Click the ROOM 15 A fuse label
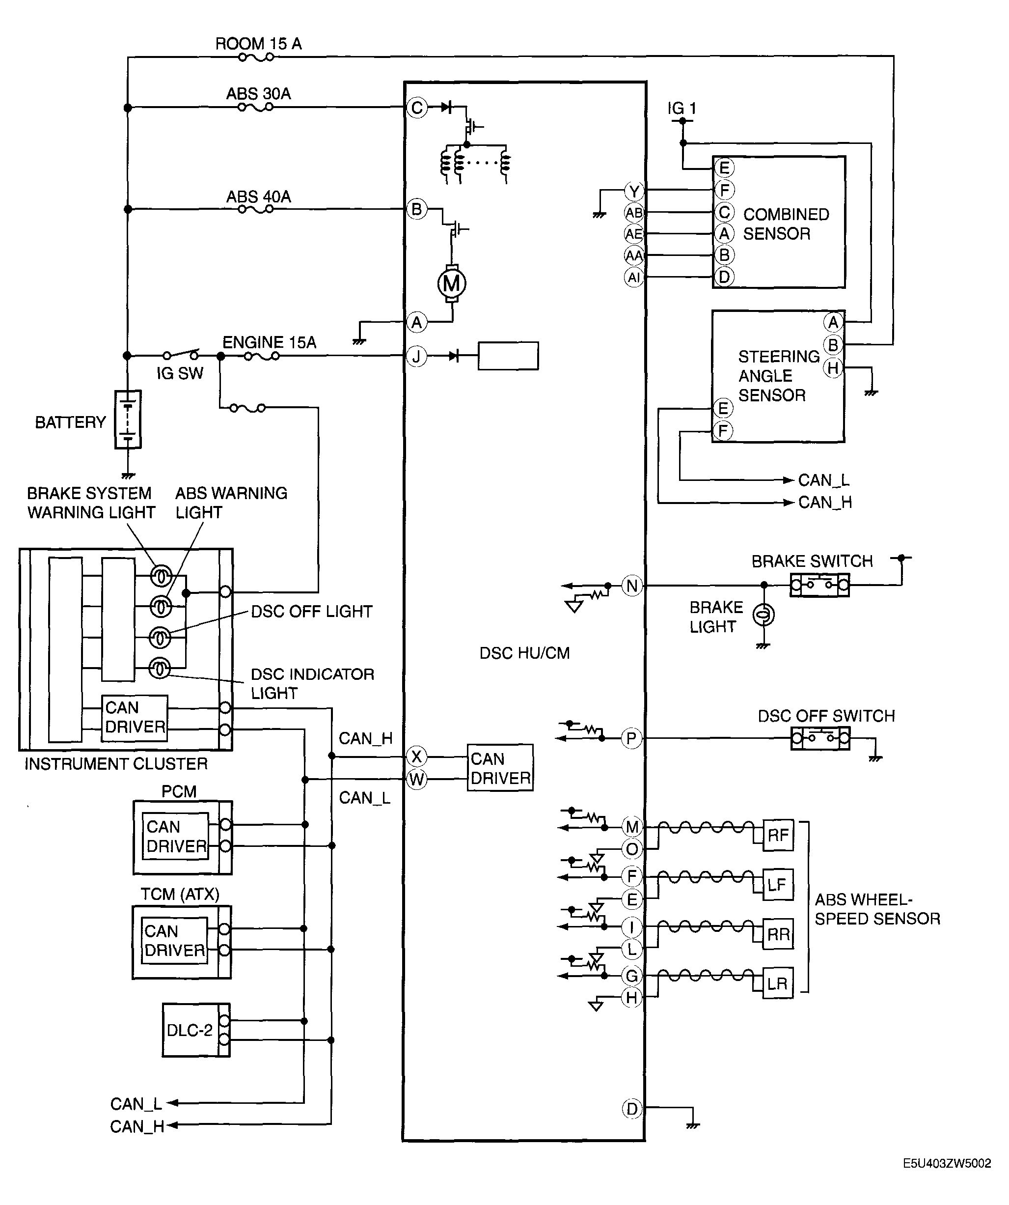pyautogui.click(x=258, y=44)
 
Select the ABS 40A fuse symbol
pyautogui.click(x=256, y=209)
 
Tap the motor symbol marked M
pyautogui.click(x=452, y=283)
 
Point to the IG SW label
pyautogui.click(x=180, y=373)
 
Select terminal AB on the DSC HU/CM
pyautogui.click(x=634, y=213)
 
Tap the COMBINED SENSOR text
pyautogui.click(x=786, y=224)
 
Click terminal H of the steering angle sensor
pyautogui.click(x=833, y=368)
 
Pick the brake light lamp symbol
pyautogui.click(x=764, y=615)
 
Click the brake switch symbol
pyautogui.click(x=819, y=585)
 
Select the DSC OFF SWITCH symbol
pyautogui.click(x=820, y=738)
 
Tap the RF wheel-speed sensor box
pyautogui.click(x=778, y=835)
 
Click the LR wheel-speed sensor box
pyautogui.click(x=778, y=983)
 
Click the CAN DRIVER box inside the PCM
pyautogui.click(x=175, y=836)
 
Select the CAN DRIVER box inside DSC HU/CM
pyautogui.click(x=500, y=768)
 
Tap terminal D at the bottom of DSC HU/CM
pyautogui.click(x=632, y=1109)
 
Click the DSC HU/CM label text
pyautogui.click(x=524, y=653)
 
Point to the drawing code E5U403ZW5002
pyautogui.click(x=947, y=1163)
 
